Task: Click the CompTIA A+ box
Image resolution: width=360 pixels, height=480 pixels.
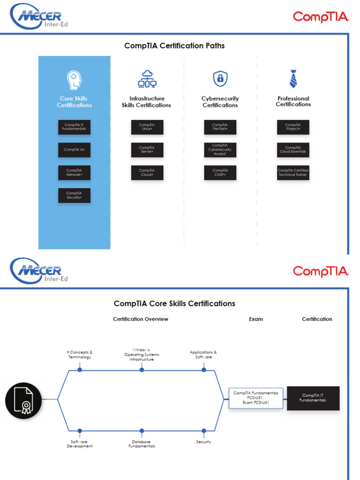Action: pos(74,150)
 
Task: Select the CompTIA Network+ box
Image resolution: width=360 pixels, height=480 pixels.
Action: pos(74,172)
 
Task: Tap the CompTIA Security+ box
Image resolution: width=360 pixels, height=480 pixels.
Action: pos(74,195)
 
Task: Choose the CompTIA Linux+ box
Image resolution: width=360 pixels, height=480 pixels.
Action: pos(147,127)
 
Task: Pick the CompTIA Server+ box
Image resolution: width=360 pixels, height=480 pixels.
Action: pos(147,150)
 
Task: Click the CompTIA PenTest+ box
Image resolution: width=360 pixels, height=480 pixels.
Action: pos(220,127)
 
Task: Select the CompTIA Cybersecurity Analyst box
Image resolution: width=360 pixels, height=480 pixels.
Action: pos(220,150)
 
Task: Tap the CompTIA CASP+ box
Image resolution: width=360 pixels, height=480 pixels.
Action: pos(220,172)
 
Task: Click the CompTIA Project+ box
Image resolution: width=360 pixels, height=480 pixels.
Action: pos(293,127)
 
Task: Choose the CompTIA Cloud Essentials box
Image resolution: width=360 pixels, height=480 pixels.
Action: pos(293,150)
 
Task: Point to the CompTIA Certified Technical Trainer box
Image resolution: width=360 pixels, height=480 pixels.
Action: pos(293,172)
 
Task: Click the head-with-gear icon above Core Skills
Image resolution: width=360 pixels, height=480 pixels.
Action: pos(74,80)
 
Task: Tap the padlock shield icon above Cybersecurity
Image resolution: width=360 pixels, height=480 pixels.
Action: pos(220,79)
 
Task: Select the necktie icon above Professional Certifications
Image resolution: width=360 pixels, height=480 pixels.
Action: pos(293,79)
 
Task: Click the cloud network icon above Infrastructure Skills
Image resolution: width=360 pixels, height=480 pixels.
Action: pos(147,79)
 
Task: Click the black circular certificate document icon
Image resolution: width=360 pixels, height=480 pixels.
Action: pos(23,400)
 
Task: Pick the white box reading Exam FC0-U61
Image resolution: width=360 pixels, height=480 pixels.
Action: pos(256,398)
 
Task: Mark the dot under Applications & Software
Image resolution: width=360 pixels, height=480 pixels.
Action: pos(203,370)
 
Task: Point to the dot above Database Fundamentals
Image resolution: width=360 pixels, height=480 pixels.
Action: pos(142,430)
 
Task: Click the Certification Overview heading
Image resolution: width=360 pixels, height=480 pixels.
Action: pos(141,319)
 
